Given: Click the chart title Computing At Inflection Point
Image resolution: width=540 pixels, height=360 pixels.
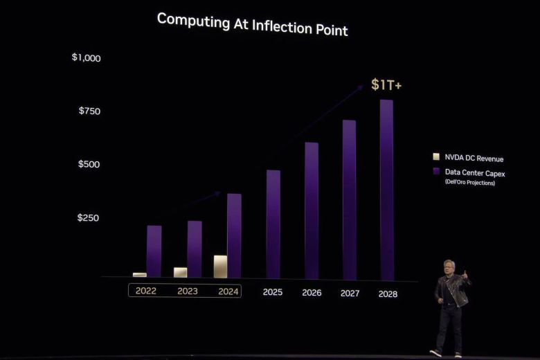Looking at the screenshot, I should (252, 24).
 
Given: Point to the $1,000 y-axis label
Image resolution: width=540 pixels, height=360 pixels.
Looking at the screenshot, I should (86, 57).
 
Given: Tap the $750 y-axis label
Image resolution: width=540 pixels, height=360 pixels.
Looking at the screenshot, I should (89, 111).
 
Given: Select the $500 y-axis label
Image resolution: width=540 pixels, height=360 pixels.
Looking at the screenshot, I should (89, 164).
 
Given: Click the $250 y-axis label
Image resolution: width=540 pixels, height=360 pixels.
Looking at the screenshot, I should (89, 217).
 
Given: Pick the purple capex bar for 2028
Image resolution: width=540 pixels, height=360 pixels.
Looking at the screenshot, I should (386, 190).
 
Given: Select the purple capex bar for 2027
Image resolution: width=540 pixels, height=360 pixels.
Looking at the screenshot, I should (350, 201).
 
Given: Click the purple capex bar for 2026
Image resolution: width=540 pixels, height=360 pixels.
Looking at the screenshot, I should (312, 211).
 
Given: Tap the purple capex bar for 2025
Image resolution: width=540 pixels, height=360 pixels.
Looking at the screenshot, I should (273, 225).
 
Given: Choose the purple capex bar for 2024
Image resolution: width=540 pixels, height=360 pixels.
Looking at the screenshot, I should (234, 235).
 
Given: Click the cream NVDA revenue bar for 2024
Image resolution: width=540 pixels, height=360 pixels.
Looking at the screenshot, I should (220, 267).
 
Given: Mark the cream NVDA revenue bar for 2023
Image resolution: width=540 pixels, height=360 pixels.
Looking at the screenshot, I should (180, 272).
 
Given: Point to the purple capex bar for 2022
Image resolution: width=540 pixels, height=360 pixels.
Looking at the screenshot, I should (154, 251).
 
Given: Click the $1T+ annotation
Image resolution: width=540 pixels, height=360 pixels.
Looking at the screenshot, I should (386, 84).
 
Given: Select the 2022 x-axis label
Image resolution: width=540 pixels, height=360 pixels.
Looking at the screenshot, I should (145, 291).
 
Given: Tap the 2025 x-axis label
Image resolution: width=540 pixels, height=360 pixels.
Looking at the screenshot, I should (273, 292).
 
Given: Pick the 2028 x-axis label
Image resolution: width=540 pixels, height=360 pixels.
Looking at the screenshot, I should (388, 294).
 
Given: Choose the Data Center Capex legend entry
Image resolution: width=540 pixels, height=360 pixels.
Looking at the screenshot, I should (474, 173).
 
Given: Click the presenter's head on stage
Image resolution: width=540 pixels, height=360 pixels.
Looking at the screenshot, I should (450, 267).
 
